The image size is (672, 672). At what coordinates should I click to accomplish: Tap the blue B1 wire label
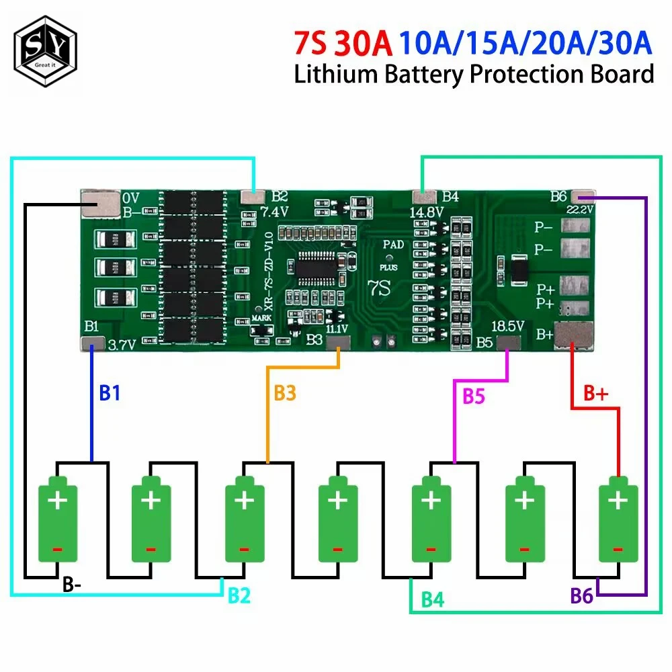[x=110, y=393]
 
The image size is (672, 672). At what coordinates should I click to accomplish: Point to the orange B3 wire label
[x=284, y=393]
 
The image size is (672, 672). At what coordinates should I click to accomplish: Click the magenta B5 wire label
[x=474, y=396]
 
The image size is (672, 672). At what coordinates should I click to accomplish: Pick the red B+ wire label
[x=595, y=394]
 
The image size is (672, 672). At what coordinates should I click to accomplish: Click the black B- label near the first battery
[x=73, y=585]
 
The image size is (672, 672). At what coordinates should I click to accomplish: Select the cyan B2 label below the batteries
[x=239, y=595]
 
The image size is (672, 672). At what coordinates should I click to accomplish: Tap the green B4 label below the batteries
[x=432, y=599]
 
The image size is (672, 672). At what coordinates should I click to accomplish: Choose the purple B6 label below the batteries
[x=582, y=595]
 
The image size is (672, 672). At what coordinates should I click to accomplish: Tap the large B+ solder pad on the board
[x=575, y=334]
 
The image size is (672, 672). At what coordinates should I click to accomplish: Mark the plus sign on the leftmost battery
[x=57, y=501]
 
